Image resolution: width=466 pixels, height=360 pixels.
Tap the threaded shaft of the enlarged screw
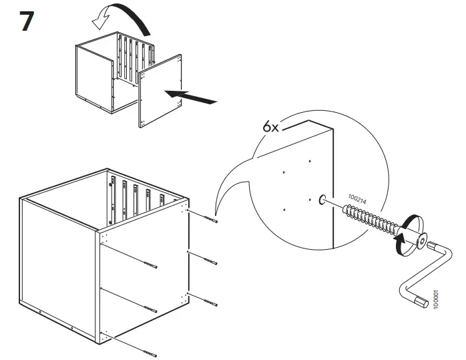pyautogui.click(x=367, y=218)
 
